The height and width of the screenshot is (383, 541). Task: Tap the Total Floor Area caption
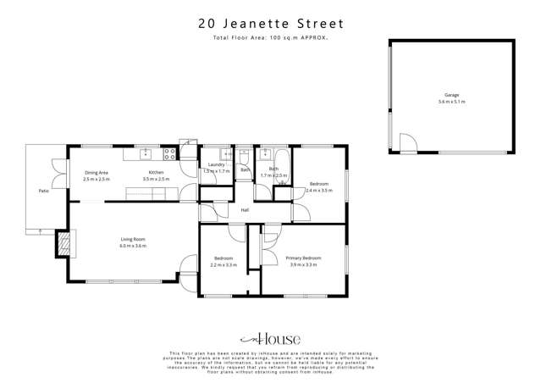270,39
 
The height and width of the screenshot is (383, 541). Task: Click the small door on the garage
406,144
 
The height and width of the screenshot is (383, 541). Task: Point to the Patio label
43,191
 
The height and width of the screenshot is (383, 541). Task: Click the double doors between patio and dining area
58,174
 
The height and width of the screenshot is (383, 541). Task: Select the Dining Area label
96,173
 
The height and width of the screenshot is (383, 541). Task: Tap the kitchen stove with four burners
169,153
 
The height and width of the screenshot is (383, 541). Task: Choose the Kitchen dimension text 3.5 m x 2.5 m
157,180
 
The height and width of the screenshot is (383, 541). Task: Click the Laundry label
216,164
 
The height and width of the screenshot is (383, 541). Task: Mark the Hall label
245,210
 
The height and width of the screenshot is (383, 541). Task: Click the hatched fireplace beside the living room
61,246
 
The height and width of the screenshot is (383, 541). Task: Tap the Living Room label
133,240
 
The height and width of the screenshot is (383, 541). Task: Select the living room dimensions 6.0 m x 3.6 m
133,246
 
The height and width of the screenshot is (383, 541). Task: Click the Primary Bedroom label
303,258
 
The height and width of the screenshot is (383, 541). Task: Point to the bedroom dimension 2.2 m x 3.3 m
224,265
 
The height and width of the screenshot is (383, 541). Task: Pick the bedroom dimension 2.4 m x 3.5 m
318,191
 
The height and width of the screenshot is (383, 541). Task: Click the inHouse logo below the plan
270,337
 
